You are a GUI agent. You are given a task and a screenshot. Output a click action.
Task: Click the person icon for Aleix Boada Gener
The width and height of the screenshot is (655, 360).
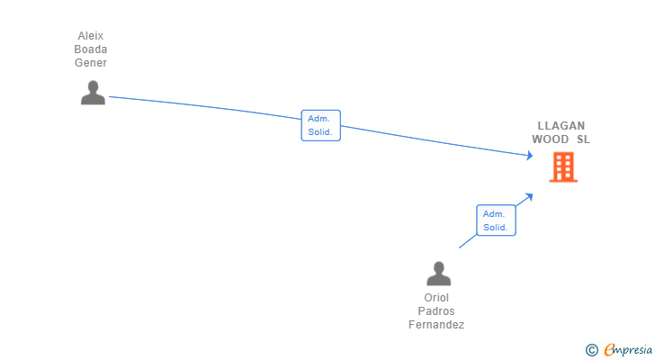click(x=93, y=93)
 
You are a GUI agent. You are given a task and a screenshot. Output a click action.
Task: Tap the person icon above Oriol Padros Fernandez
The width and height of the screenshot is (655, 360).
click(x=438, y=274)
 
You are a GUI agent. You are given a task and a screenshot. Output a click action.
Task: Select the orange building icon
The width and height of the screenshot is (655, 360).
click(x=563, y=166)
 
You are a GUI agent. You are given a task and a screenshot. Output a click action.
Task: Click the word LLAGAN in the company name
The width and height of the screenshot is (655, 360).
click(x=561, y=126)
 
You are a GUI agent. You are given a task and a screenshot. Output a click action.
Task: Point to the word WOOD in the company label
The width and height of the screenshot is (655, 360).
click(x=550, y=139)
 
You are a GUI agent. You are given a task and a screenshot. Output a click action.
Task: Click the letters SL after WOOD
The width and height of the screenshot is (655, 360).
click(x=583, y=139)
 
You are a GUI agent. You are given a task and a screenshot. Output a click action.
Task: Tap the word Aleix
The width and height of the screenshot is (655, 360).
click(x=91, y=36)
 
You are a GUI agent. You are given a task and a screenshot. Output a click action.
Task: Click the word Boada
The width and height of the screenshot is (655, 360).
click(x=91, y=49)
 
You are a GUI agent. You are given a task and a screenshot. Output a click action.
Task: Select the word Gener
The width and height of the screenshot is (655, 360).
click(x=91, y=63)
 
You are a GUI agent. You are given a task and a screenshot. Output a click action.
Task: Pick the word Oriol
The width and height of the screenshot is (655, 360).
click(x=436, y=298)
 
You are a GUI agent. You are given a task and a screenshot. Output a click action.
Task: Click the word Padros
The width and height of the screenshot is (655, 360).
click(x=436, y=311)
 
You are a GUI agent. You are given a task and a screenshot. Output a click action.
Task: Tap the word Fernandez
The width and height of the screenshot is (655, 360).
click(x=436, y=325)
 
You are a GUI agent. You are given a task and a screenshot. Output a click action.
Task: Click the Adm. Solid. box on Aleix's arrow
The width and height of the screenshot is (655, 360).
click(x=320, y=125)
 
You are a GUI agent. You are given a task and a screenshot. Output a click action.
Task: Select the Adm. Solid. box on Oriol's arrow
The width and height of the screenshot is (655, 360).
click(x=496, y=220)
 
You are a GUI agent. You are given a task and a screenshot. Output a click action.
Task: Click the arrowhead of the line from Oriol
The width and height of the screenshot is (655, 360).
click(x=531, y=194)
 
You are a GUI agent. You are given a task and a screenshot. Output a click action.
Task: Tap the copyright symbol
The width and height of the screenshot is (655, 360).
click(x=591, y=350)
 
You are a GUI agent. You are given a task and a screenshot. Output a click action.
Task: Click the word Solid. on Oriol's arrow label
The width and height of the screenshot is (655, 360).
click(x=496, y=228)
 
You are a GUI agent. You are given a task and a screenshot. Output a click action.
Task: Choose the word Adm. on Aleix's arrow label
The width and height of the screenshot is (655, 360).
click(x=319, y=118)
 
